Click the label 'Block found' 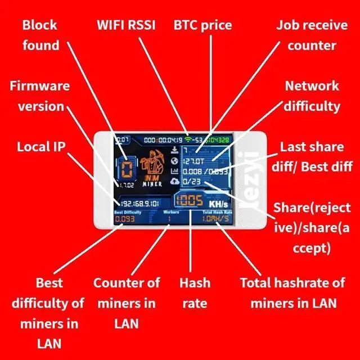(40, 35)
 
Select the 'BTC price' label (202, 25)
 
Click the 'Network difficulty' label (312, 96)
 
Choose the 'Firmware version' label (40, 96)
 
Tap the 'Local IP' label (41, 147)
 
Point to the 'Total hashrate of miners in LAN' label (292, 293)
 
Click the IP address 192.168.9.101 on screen (140, 203)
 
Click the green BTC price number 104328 (218, 139)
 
